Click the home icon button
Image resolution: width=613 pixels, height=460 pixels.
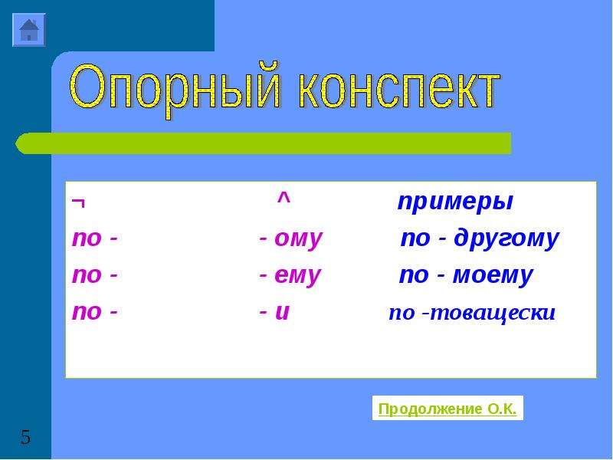pos(29,30)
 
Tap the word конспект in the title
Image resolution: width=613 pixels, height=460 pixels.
pos(399,90)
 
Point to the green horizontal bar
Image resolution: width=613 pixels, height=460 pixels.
pos(263,143)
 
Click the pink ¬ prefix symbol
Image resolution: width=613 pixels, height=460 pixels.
pos(78,203)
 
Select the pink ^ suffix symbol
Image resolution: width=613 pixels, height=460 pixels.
pos(284,199)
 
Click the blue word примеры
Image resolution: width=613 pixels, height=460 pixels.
pos(454,202)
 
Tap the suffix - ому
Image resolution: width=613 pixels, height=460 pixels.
pos(290,238)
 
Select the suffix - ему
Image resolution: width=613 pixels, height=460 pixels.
pos(290,275)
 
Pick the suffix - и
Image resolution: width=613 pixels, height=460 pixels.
pos(274,312)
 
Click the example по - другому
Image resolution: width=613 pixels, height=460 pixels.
pos(480,238)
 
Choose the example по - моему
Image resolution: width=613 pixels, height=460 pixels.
pos(466,275)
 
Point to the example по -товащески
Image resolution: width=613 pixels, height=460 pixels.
pos(472,313)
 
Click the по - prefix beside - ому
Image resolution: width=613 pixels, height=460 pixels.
pos(94,238)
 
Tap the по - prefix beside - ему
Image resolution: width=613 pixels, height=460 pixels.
pos(94,275)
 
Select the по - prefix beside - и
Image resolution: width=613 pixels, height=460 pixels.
pos(94,312)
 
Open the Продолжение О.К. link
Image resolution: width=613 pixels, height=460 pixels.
pos(447,409)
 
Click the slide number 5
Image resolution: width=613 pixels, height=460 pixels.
pos(25,437)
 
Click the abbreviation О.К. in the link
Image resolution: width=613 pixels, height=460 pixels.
pos(502,409)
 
